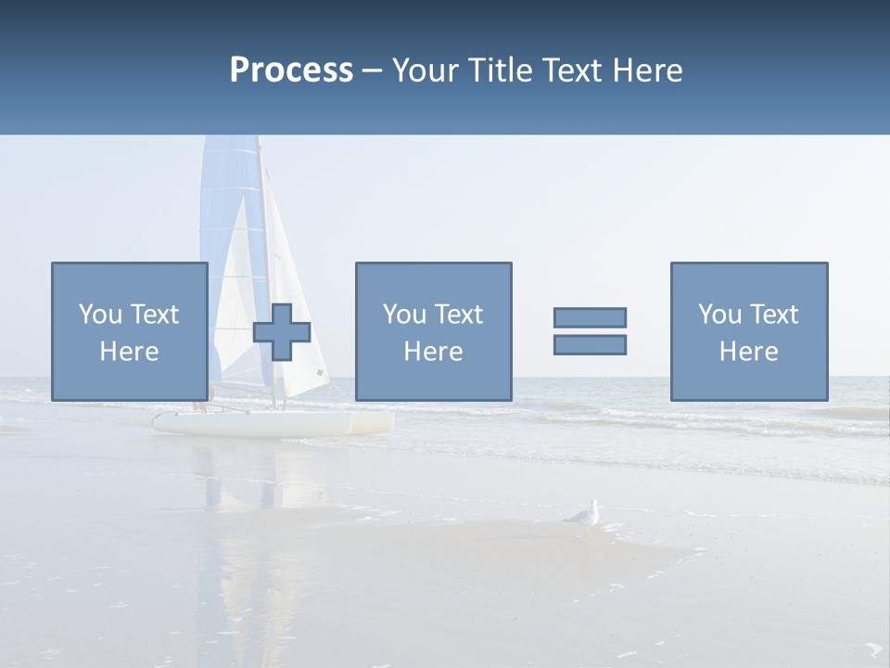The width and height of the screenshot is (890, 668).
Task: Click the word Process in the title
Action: pos(291,71)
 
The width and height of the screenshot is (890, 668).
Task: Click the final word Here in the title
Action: pos(649,71)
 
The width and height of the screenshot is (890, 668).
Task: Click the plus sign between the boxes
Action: pos(282,332)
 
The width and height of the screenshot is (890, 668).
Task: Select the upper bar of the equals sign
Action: pos(590,317)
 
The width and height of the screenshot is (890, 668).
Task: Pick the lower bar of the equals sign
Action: pos(590,344)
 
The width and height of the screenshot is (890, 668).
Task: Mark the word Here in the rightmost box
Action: pos(748,352)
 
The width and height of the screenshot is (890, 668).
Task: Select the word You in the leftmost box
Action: pos(98,315)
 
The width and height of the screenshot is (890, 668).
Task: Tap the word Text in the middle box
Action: pos(461,315)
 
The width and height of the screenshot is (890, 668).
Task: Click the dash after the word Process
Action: pos(372,71)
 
